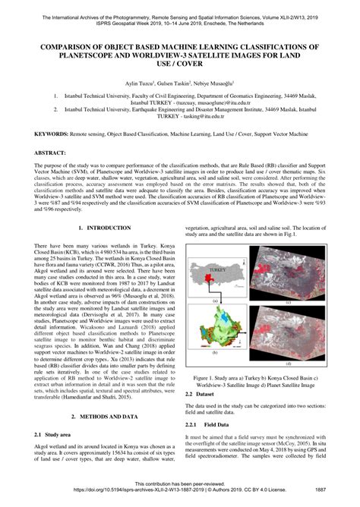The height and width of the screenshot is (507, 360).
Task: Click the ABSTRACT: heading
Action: (49, 152)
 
